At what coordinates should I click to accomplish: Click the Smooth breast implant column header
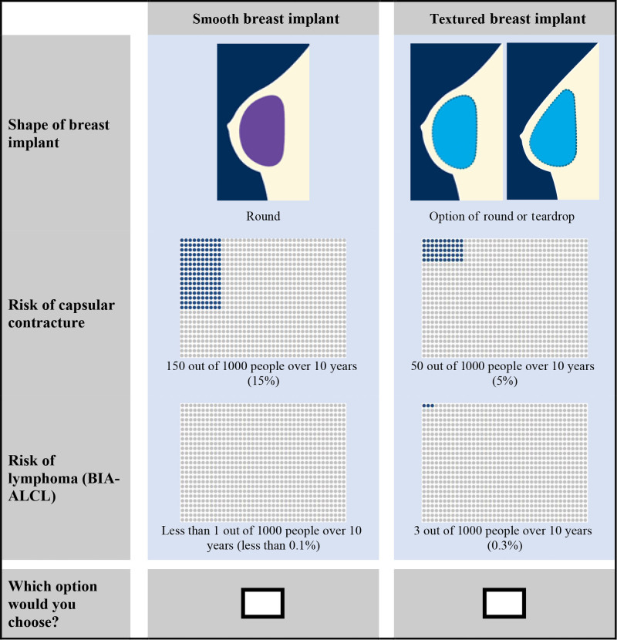pos(266,19)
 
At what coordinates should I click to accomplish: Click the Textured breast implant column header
pos(507,19)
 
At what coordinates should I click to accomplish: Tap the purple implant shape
pos(261,130)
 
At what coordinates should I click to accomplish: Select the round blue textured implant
pos(454,132)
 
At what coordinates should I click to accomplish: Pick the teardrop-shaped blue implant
pos(553,130)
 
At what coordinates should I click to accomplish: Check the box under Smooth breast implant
pos(262,603)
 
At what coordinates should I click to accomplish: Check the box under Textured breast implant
pos(504,603)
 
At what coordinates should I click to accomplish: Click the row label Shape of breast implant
pos(59,133)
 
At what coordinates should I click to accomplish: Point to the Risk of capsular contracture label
pos(61,314)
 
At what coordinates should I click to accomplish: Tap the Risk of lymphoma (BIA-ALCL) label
pos(64,478)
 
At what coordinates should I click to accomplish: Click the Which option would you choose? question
pos(52,604)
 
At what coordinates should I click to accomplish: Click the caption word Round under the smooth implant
pos(263,216)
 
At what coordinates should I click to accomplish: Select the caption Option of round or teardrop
pos(501,217)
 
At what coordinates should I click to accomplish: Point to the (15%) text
pos(263,381)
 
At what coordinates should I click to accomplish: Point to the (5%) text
pos(504,381)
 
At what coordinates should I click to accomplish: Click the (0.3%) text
pos(504,546)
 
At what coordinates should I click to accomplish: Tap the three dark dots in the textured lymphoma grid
pos(428,406)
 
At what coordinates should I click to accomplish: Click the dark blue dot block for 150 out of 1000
pos(201,275)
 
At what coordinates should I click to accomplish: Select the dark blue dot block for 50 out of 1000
pos(443,250)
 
